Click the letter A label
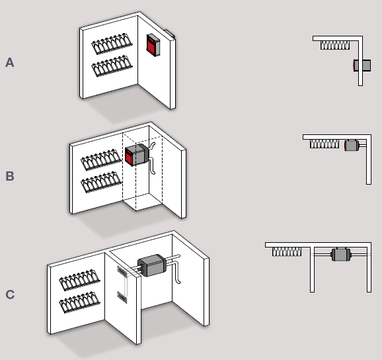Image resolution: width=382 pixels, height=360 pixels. pyautogui.click(x=10, y=62)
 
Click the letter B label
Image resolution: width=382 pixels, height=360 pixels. pyautogui.click(x=10, y=176)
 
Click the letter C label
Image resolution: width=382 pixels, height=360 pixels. pyautogui.click(x=10, y=294)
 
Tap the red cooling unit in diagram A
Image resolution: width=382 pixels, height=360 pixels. pyautogui.click(x=153, y=45)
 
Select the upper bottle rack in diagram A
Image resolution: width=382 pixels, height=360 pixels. pyautogui.click(x=112, y=44)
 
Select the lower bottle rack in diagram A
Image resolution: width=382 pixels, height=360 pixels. pyautogui.click(x=112, y=66)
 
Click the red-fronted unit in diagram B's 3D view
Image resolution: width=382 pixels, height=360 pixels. pyautogui.click(x=137, y=155)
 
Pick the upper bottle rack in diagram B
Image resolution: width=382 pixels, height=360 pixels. pyautogui.click(x=101, y=159)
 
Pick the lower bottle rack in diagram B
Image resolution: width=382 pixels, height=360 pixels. pyautogui.click(x=101, y=182)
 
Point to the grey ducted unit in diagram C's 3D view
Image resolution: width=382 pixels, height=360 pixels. pyautogui.click(x=152, y=265)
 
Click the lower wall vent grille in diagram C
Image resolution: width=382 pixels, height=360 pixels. pyautogui.click(x=122, y=297)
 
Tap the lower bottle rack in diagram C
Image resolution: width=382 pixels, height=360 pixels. pyautogui.click(x=79, y=302)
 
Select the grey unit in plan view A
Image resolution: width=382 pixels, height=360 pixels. pyautogui.click(x=362, y=66)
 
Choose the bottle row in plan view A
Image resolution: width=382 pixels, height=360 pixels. pyautogui.click(x=335, y=45)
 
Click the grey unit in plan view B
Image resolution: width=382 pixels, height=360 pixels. pyautogui.click(x=352, y=146)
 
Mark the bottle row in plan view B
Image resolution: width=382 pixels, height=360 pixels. pyautogui.click(x=325, y=144)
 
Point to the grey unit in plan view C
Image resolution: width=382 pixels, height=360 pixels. pyautogui.click(x=341, y=255)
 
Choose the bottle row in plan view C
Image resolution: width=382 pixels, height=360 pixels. pyautogui.click(x=287, y=251)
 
